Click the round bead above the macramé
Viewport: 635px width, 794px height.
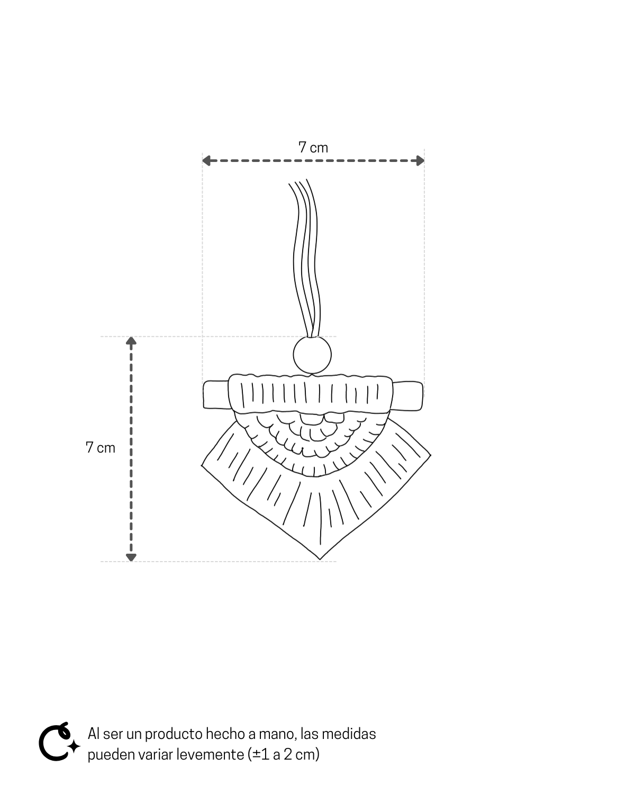point(312,355)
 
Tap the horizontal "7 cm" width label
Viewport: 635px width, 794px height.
point(313,148)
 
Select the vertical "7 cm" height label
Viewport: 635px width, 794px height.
point(101,447)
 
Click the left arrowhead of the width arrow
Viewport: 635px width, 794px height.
point(206,160)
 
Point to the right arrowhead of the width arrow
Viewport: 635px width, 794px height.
point(420,160)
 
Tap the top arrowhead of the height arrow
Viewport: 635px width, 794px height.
point(131,340)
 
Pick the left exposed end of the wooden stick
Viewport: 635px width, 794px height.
point(216,395)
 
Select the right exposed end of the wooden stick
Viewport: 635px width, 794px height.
point(407,396)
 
